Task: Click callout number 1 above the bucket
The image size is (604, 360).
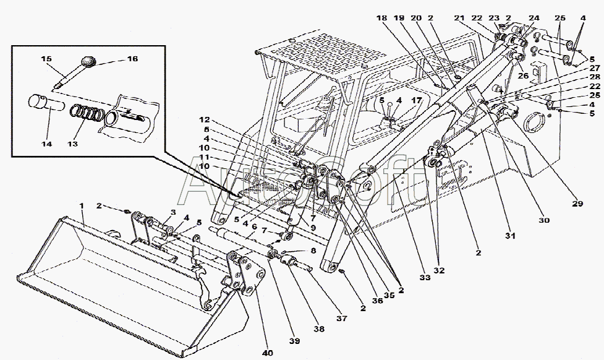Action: (x=80, y=206)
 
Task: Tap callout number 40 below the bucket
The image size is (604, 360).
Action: (x=267, y=353)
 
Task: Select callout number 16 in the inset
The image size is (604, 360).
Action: (x=132, y=59)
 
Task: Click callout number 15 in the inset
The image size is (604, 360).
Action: (x=46, y=59)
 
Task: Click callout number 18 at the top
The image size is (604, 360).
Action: (x=381, y=19)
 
